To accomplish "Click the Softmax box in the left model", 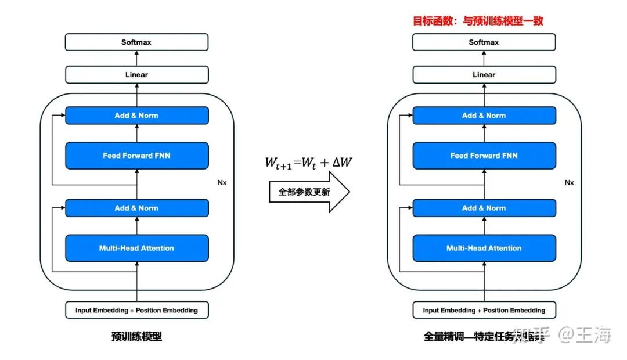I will tap(136, 42).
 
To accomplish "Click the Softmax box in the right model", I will tap(484, 42).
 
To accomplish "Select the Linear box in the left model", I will tap(136, 75).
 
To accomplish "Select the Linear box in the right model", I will tap(484, 75).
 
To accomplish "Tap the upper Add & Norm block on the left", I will tap(136, 116).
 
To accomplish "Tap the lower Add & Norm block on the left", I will tap(136, 208).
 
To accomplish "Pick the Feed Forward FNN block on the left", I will tap(136, 156).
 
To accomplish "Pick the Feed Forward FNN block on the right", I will tap(484, 156).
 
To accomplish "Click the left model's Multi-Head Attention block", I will tap(136, 248).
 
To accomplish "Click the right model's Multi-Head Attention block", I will tap(484, 248).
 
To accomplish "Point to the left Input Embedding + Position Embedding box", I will tap(136, 310).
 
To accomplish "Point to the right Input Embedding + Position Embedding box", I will tap(484, 310).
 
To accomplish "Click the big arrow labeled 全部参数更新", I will tap(308, 192).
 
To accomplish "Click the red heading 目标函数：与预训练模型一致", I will tap(478, 21).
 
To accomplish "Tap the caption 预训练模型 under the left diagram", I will tap(136, 336).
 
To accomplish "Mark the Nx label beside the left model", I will tap(222, 182).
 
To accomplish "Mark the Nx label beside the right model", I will tap(569, 182).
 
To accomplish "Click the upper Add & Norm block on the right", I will tap(484, 116).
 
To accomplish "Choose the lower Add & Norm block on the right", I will tap(484, 208).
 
